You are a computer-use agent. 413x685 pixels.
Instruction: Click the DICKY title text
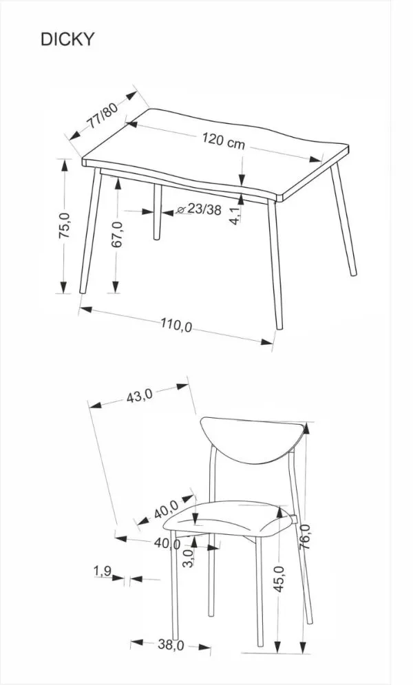click(67, 39)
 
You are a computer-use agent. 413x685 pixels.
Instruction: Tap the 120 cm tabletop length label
click(224, 140)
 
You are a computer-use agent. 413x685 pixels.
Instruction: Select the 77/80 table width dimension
click(103, 116)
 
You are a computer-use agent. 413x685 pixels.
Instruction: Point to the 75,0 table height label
click(65, 225)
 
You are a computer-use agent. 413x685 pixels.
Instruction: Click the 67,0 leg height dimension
click(117, 234)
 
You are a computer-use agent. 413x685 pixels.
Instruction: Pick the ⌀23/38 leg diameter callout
click(199, 210)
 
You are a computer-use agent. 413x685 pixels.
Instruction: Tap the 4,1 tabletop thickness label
click(235, 215)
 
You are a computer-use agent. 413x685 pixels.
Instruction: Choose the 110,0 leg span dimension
click(176, 324)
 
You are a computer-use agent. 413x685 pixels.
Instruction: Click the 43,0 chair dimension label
click(139, 396)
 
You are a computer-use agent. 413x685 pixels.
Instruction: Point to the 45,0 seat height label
click(279, 578)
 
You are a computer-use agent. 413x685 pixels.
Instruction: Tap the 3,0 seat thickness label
click(188, 558)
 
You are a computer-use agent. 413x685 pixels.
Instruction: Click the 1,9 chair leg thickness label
click(103, 571)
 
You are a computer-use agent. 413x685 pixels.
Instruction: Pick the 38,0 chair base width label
click(171, 644)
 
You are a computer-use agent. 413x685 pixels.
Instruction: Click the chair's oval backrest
click(255, 439)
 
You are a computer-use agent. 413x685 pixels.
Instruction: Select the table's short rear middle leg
click(157, 211)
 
